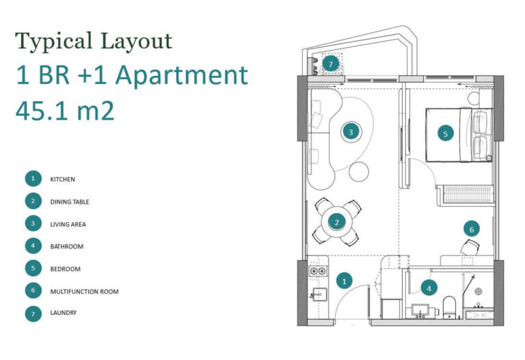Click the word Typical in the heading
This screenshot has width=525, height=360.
tap(53, 42)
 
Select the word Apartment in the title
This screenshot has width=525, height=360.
tap(181, 75)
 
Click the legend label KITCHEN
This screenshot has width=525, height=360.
tap(63, 180)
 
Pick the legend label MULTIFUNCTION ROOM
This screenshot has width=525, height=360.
tap(84, 292)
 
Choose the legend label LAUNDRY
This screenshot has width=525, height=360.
tap(64, 312)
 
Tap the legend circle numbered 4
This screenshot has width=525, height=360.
tap(33, 245)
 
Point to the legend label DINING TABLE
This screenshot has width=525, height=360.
tap(70, 202)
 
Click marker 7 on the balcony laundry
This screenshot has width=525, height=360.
tap(330, 64)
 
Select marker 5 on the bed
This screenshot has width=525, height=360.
tap(445, 133)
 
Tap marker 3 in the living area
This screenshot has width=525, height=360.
tap(351, 132)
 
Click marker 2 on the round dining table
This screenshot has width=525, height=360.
tap(337, 222)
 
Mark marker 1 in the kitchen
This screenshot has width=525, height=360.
tap(345, 281)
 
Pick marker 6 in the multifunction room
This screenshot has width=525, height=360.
tap(472, 229)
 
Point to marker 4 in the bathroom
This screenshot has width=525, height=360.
tap(429, 288)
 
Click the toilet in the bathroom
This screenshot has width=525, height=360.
tap(449, 307)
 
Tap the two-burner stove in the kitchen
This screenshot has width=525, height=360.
tap(318, 271)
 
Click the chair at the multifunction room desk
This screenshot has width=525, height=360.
tap(470, 247)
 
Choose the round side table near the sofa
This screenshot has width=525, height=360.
tap(359, 171)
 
